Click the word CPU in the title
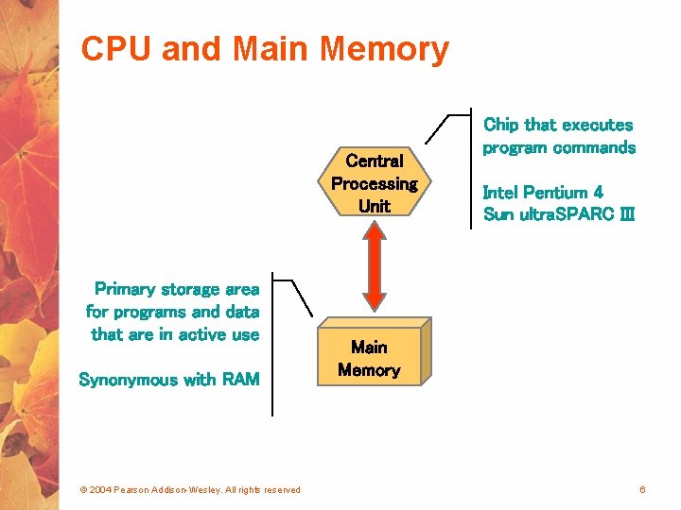point(116,48)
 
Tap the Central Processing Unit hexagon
point(375,181)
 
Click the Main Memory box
point(375,351)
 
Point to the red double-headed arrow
point(375,265)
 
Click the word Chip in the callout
point(500,126)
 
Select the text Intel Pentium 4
point(543,192)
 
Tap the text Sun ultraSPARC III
point(559,214)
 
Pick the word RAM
point(241,380)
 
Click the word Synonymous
point(128,381)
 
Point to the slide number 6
point(642,489)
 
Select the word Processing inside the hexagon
point(375,184)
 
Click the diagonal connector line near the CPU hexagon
point(436,129)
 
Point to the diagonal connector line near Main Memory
point(302,298)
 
